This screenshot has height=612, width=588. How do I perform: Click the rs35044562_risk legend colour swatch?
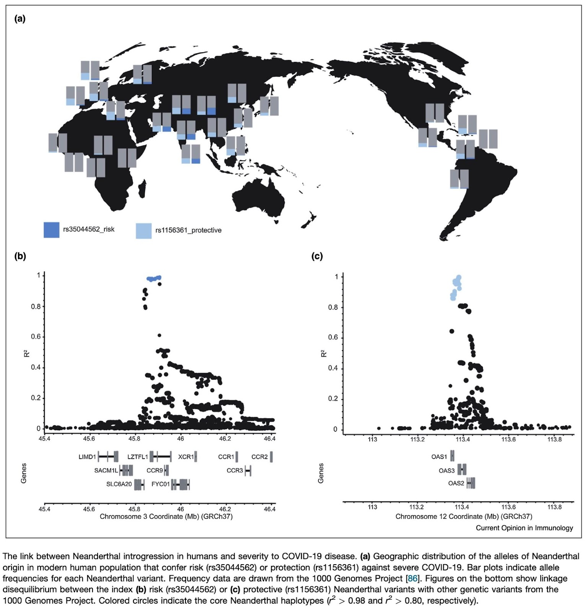pyautogui.click(x=51, y=230)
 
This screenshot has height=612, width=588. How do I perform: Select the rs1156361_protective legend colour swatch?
pyautogui.click(x=143, y=231)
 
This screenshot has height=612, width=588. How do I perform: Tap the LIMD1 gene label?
pyautogui.click(x=87, y=457)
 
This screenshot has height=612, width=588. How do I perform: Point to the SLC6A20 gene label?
pyautogui.click(x=119, y=484)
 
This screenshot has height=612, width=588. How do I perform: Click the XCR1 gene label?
pyautogui.click(x=186, y=457)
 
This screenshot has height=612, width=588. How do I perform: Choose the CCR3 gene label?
pyautogui.click(x=235, y=470)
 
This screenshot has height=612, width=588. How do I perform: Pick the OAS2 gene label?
pyautogui.click(x=456, y=483)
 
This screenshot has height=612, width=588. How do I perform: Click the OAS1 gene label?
pyautogui.click(x=439, y=457)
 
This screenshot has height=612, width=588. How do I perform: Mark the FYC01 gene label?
pyautogui.click(x=161, y=484)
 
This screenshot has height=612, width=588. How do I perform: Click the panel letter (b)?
pyautogui.click(x=20, y=256)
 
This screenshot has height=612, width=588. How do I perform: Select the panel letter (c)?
pyautogui.click(x=317, y=256)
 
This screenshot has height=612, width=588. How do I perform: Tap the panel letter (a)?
pyautogui.click(x=20, y=19)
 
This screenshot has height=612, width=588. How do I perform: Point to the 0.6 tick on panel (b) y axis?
pyautogui.click(x=36, y=337)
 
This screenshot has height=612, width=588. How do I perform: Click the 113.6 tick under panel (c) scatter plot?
pyautogui.click(x=508, y=439)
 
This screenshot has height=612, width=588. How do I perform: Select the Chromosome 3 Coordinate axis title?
pyautogui.click(x=166, y=516)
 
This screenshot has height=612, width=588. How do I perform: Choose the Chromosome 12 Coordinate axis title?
pyautogui.click(x=464, y=516)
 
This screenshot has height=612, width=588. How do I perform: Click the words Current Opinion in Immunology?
pyautogui.click(x=524, y=528)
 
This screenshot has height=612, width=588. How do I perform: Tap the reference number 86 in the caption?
pyautogui.click(x=412, y=578)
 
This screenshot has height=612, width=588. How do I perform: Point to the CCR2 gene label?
pyautogui.click(x=259, y=457)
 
